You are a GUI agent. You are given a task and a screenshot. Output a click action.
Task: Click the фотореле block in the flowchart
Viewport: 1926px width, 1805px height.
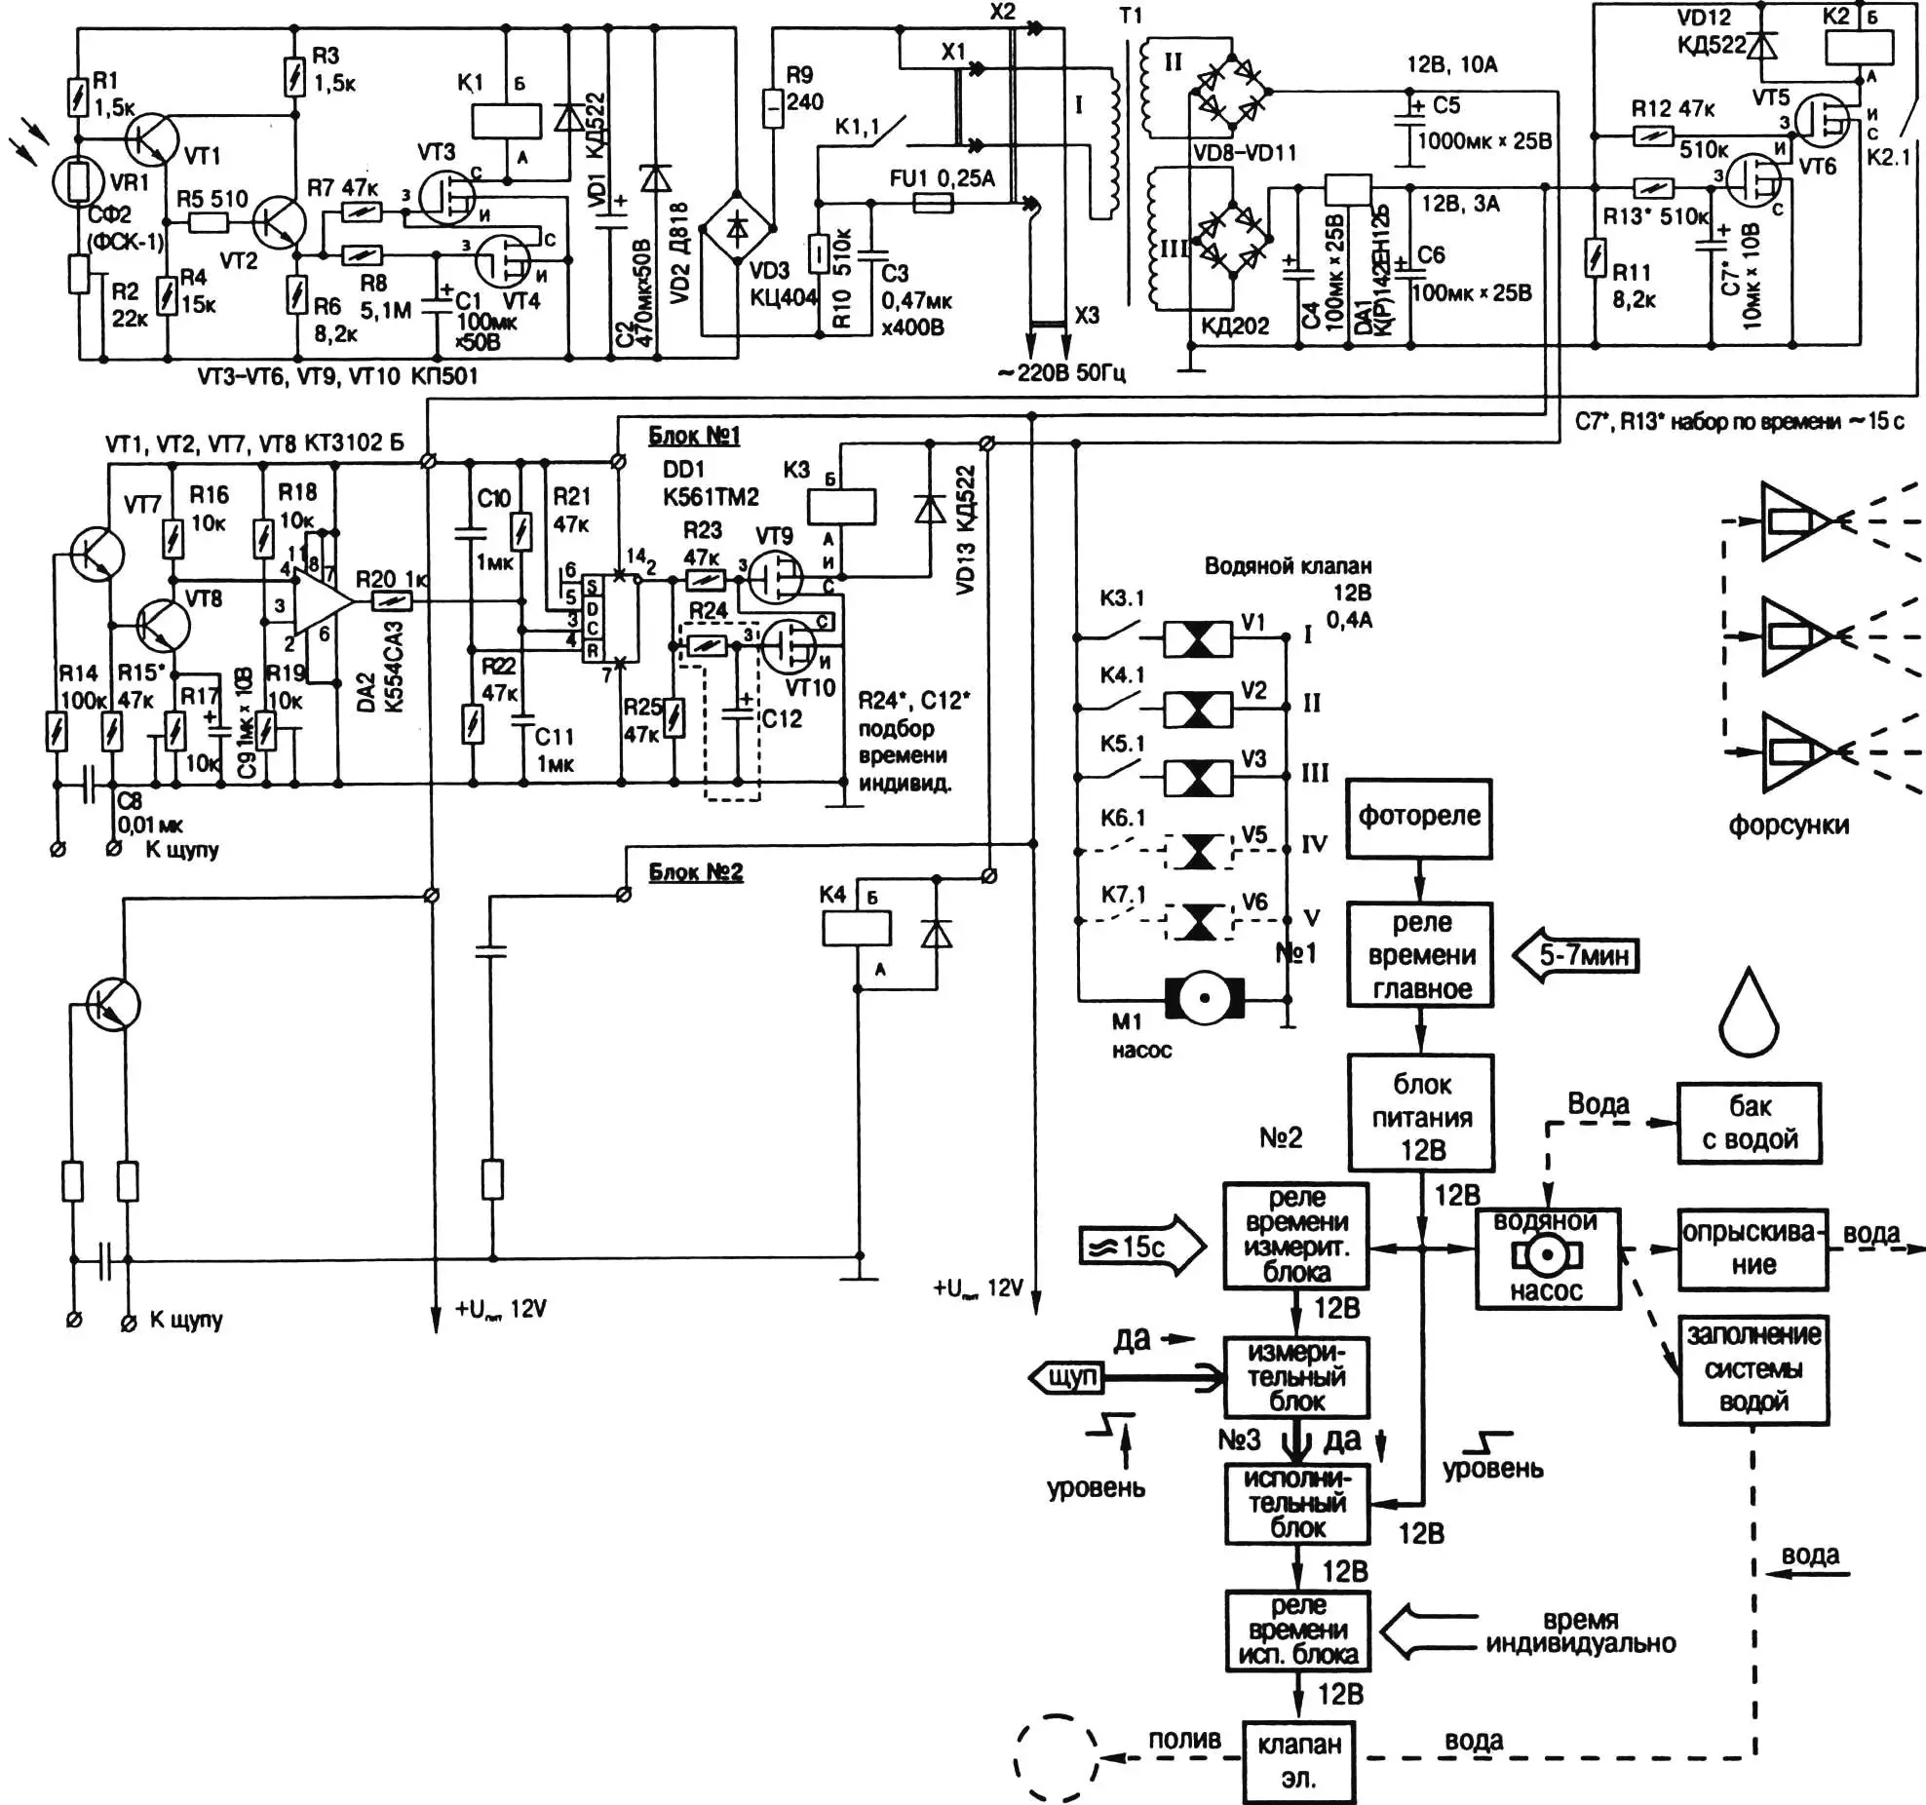click(1418, 818)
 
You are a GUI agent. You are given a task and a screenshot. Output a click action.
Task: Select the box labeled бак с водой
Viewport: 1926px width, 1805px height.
click(1750, 1123)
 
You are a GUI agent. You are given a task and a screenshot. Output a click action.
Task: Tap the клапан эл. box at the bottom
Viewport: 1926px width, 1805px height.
click(1298, 1761)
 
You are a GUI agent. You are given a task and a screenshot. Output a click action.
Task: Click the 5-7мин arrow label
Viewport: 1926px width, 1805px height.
click(1576, 955)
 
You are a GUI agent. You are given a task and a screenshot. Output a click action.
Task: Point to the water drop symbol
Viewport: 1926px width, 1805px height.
click(1750, 1015)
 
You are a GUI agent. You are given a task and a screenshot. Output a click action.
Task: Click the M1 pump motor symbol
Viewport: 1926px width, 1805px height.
click(1205, 998)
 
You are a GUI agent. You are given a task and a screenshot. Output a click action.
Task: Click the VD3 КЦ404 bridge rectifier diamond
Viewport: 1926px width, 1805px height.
click(739, 228)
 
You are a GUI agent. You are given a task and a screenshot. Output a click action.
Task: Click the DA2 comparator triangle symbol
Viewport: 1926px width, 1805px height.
click(323, 601)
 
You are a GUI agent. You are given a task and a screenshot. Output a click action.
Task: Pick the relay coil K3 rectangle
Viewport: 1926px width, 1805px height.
click(841, 506)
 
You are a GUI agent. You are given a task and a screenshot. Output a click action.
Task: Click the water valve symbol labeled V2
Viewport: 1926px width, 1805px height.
click(1198, 709)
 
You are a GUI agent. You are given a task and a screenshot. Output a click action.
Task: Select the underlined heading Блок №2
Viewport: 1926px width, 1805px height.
click(696, 871)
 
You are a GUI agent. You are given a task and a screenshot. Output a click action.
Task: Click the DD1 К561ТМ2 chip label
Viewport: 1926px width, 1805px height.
click(710, 483)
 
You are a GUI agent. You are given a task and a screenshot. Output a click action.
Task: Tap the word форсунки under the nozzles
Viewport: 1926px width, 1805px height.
click(1789, 826)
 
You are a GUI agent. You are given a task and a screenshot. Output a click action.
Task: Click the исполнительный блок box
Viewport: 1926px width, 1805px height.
click(1296, 1503)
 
